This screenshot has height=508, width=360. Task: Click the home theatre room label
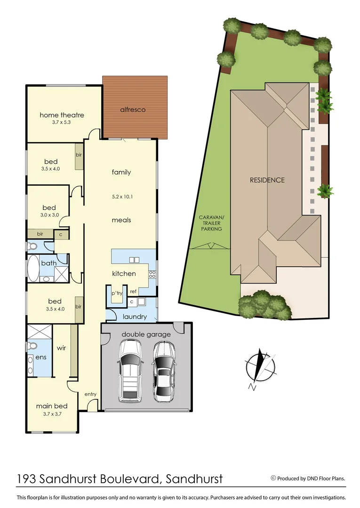(x=62, y=115)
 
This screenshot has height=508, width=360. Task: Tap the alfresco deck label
(x=132, y=110)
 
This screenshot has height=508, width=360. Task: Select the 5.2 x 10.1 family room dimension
(x=121, y=197)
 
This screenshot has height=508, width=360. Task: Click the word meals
(x=121, y=220)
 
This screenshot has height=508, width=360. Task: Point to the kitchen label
(x=124, y=273)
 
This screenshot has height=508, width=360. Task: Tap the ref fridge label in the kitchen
(x=133, y=292)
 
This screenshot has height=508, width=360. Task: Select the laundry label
(x=135, y=317)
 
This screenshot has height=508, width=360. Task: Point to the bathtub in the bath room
(x=34, y=268)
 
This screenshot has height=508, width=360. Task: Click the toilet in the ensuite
(x=32, y=346)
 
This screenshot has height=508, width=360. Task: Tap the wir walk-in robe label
(x=61, y=349)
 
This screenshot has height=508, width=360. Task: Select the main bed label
(x=52, y=406)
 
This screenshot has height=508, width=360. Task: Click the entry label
(x=90, y=394)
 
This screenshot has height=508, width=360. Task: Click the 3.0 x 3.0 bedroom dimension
(x=49, y=215)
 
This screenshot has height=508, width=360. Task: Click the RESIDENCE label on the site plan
(x=267, y=180)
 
